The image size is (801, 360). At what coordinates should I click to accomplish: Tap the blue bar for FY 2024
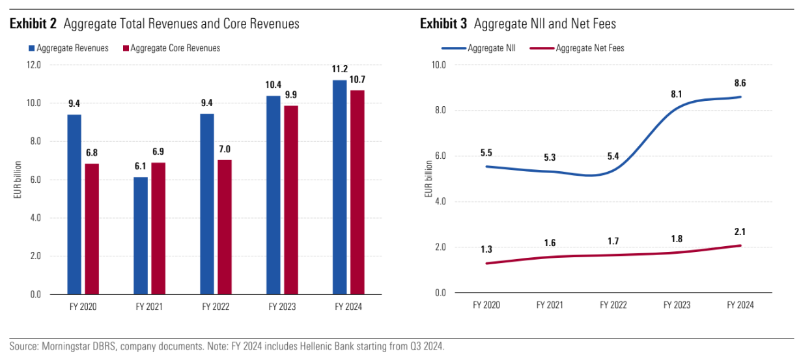tap(339, 187)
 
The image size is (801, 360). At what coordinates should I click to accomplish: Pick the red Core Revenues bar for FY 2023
tap(291, 200)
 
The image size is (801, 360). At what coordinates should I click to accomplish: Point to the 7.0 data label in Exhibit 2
tap(225, 149)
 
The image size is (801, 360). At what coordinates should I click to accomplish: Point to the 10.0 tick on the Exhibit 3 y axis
tap(438, 65)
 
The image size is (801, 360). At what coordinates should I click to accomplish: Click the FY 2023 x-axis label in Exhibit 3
tap(677, 304)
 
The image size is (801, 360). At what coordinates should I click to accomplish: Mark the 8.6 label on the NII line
tap(740, 84)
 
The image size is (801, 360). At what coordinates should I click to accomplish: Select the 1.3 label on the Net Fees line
tap(486, 249)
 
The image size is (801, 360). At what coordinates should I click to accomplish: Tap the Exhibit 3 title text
tap(518, 24)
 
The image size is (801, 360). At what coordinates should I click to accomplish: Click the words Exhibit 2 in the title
tap(33, 24)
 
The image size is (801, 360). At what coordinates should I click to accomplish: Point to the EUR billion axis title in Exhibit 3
tap(427, 179)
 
